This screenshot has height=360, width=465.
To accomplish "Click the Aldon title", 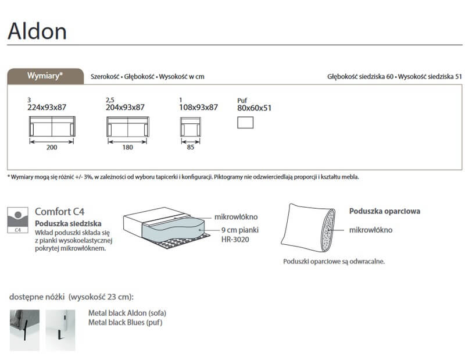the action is tap(37, 31).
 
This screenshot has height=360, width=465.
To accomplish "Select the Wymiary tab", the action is tap(45, 76).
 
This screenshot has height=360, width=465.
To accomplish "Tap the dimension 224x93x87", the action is tap(47, 107).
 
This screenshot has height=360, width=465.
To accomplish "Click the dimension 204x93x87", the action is tap(125, 107).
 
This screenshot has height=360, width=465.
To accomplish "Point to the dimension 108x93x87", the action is tap(198, 107).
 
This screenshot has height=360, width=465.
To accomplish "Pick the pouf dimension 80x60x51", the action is tap(254, 108).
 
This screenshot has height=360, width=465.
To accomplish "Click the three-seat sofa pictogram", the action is tap(52, 126).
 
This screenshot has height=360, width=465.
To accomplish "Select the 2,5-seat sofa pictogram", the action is tap(128, 127).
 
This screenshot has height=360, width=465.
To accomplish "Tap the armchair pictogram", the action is tap(191, 127).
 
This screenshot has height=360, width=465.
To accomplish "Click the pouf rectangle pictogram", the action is tap(245, 123).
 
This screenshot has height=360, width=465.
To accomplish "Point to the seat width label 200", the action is tap(52, 147).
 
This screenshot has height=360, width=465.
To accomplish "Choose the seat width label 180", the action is tap(127, 147).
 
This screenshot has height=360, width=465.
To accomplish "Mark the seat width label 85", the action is tap(191, 147).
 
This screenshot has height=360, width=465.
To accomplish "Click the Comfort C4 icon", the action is tap(18, 220).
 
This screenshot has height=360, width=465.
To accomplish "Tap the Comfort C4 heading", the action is tap(60, 212).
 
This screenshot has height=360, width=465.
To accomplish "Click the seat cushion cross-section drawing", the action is tap(167, 227).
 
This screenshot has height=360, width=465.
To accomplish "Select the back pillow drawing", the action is tap(308, 228).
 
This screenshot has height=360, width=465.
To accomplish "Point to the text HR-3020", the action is tap(235, 240).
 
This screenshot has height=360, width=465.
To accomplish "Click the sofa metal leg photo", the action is tap(24, 330).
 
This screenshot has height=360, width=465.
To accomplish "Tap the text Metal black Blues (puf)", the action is tap(125, 322).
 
